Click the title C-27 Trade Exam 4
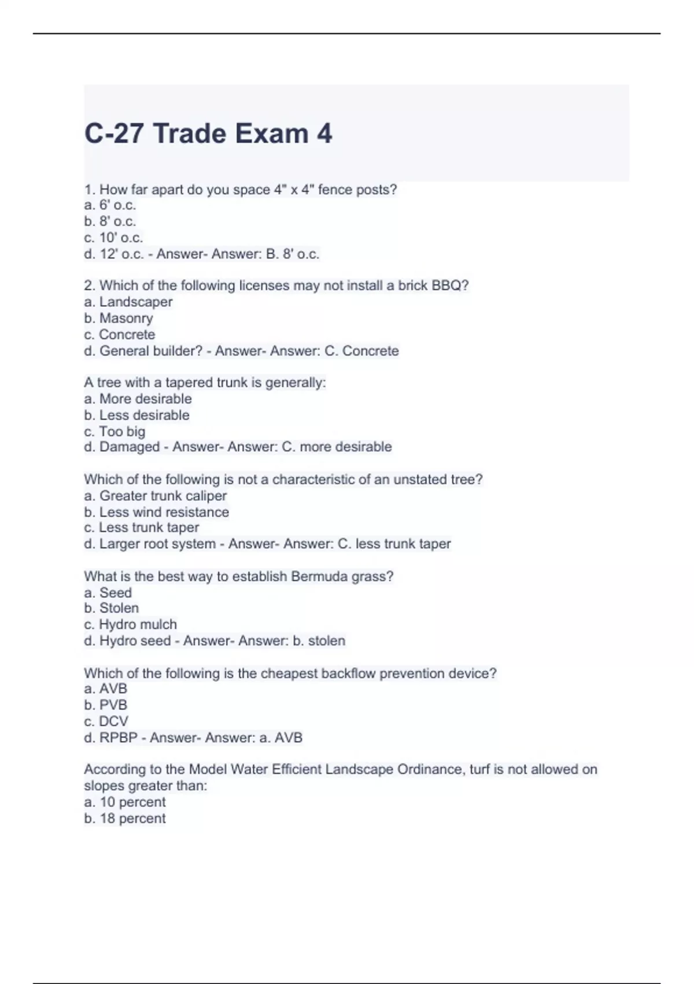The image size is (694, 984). click(x=208, y=134)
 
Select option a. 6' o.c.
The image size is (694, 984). click(x=110, y=205)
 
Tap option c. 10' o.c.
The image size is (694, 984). click(x=113, y=238)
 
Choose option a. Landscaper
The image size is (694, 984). click(x=128, y=302)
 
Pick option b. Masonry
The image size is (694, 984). click(x=119, y=318)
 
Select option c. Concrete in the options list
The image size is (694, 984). click(x=120, y=335)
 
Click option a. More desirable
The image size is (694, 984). click(x=138, y=399)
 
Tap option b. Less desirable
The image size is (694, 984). click(x=136, y=415)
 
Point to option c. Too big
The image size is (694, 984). click(x=115, y=431)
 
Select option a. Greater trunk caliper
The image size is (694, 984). click(x=155, y=496)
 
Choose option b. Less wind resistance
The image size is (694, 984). click(x=156, y=512)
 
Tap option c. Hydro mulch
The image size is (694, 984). click(x=130, y=625)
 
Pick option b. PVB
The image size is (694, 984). click(x=105, y=705)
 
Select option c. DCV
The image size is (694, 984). click(x=106, y=721)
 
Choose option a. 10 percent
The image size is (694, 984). click(x=124, y=802)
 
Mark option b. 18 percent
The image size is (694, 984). click(x=124, y=818)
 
